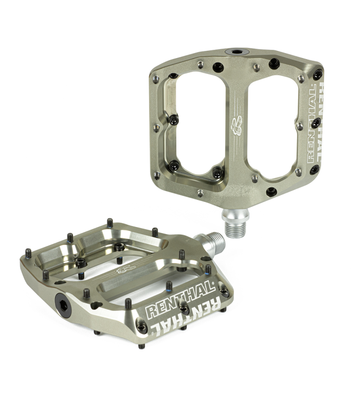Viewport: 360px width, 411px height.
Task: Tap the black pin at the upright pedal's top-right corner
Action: [x=317, y=75]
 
